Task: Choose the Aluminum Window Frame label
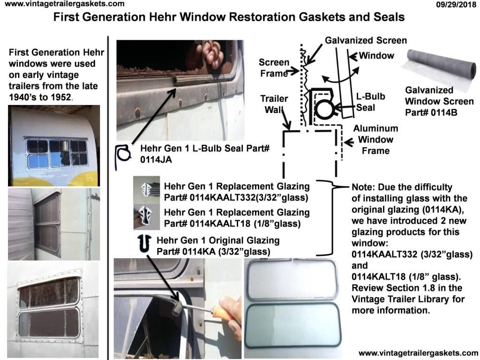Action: point(375,139)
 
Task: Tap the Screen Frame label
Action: point(274,68)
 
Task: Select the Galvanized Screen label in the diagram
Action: point(366,41)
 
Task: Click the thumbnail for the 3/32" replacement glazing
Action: point(146,189)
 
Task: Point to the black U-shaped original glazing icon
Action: point(144,244)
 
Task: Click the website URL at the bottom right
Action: point(418,352)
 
